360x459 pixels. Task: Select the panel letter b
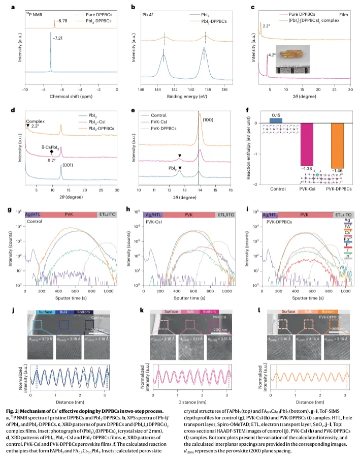[133, 7]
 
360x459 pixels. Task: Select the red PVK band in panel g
[69, 216]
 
